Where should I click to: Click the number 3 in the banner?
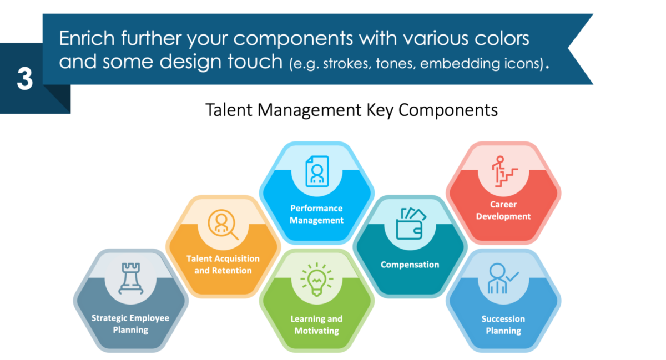(x=24, y=78)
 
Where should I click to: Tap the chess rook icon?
(x=130, y=278)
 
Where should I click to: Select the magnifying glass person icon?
(x=223, y=224)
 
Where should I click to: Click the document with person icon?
(x=317, y=170)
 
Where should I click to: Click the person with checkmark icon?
(x=502, y=279)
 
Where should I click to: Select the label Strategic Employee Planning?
(x=130, y=324)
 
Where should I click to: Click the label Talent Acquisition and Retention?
(x=223, y=265)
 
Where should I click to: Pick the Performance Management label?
(x=317, y=214)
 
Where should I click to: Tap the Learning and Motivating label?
(x=316, y=325)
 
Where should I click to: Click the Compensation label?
(x=410, y=265)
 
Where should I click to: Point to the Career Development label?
(x=503, y=211)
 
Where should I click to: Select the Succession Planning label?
(x=503, y=325)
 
